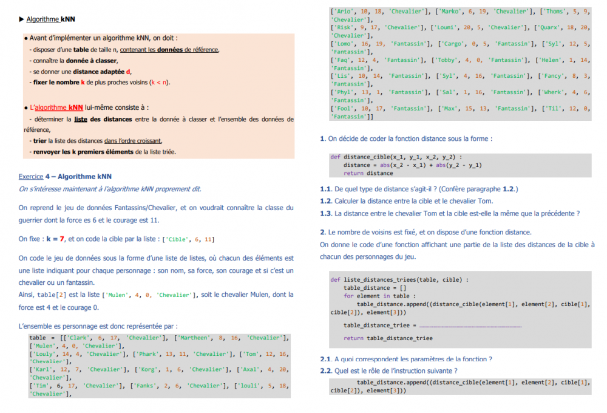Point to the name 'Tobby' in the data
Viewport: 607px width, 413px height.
coord(449,60)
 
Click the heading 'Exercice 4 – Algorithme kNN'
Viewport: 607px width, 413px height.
coord(65,177)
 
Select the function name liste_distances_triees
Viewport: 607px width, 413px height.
coord(380,279)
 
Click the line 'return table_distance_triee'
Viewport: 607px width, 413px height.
coord(388,338)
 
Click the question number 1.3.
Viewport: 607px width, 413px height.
coord(326,213)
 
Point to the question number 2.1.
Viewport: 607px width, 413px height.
coord(326,359)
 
